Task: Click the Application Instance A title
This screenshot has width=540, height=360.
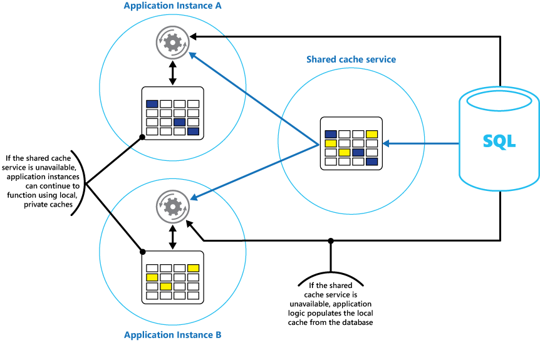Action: (173, 6)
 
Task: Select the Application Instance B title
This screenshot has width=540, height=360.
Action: (173, 335)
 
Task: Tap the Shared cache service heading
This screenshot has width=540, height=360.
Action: (351, 59)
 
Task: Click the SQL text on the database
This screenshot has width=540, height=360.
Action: (499, 141)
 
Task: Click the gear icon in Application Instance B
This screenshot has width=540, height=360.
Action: (172, 204)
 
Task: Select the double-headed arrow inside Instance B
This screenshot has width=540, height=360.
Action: (172, 236)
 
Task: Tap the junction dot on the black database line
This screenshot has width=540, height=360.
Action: (331, 240)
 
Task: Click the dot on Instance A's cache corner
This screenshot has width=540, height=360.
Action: (143, 135)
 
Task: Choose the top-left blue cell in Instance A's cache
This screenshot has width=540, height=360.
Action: (152, 104)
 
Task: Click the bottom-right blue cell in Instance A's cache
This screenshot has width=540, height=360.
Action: (193, 131)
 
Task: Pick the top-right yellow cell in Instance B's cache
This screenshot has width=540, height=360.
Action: (193, 268)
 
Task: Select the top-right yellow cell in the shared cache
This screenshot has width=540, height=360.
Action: (371, 134)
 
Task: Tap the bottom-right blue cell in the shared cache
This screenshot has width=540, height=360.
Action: (371, 162)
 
